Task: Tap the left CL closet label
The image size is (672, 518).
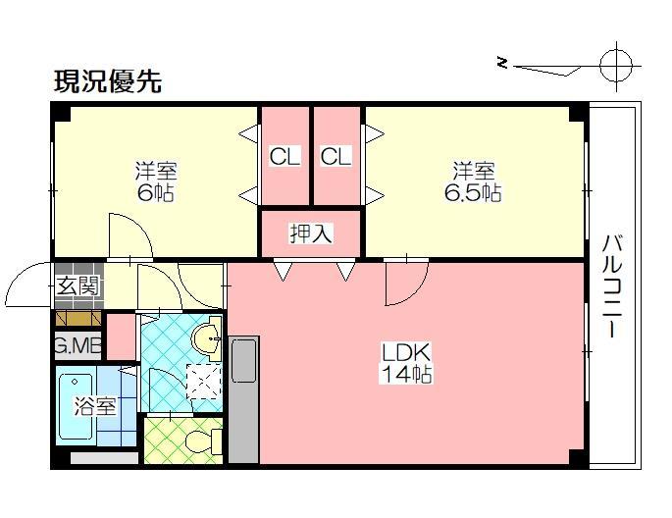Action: [x=284, y=156]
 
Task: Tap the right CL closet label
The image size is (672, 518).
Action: [x=336, y=156]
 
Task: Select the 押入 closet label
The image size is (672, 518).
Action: [x=310, y=233]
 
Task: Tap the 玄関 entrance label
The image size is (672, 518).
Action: [x=77, y=286]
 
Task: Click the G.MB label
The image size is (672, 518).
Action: [x=78, y=345]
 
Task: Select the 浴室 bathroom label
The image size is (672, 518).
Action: [x=97, y=406]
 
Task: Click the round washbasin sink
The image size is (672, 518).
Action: [x=207, y=340]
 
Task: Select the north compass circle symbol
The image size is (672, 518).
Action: [x=615, y=64]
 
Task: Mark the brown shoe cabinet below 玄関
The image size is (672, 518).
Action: [x=78, y=318]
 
